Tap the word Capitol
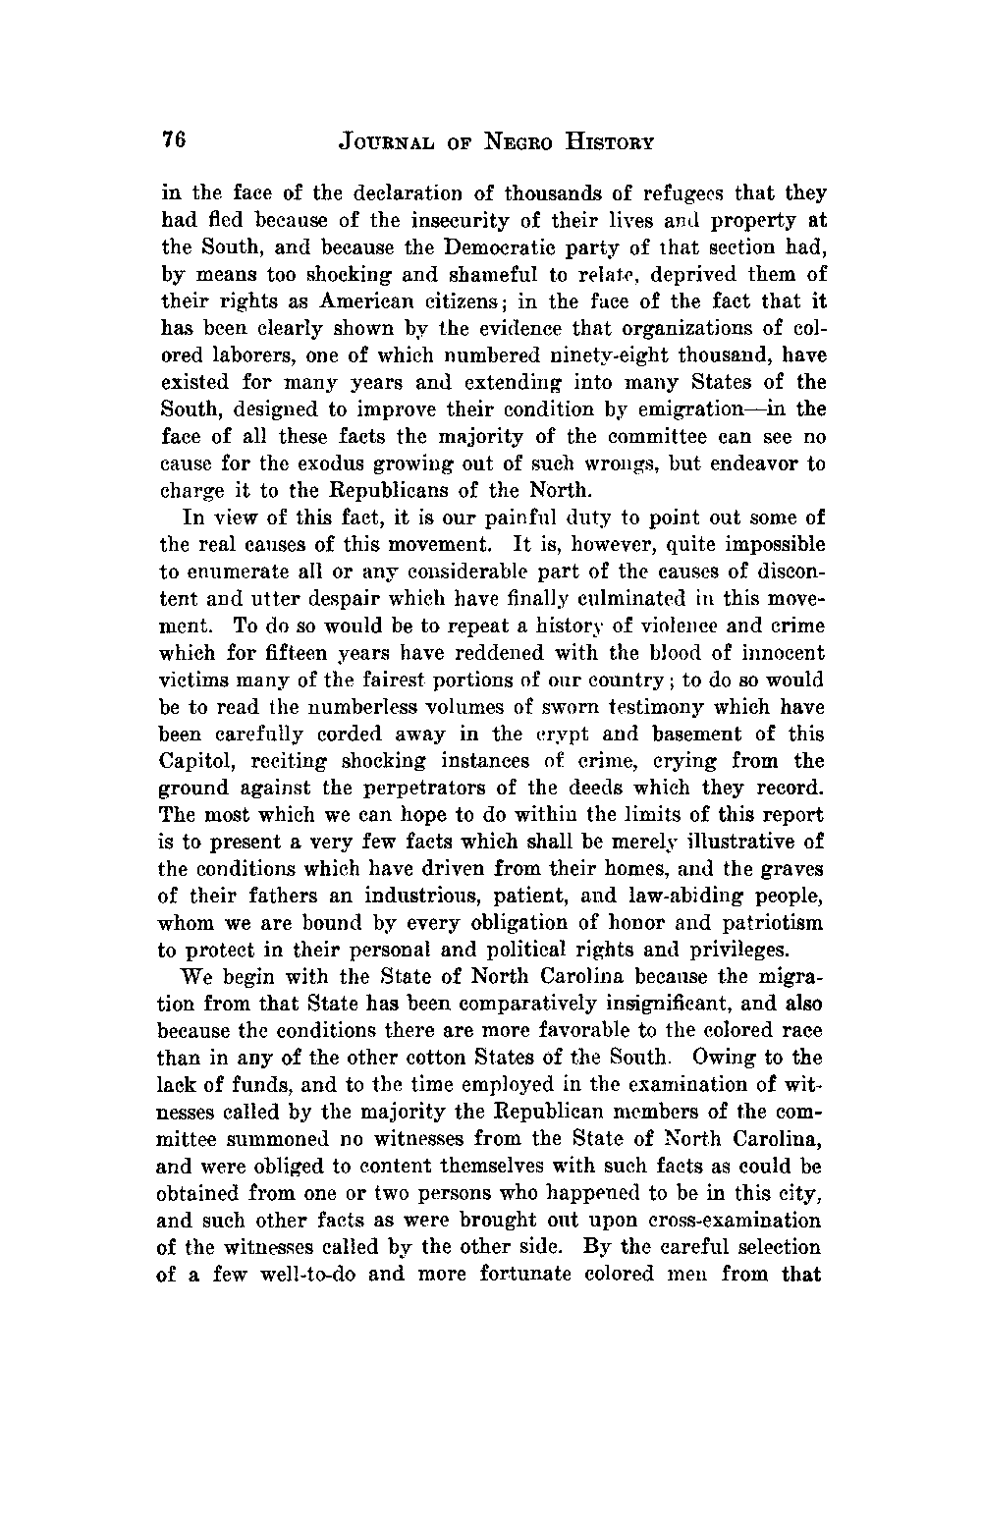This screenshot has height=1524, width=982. tap(192, 761)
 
